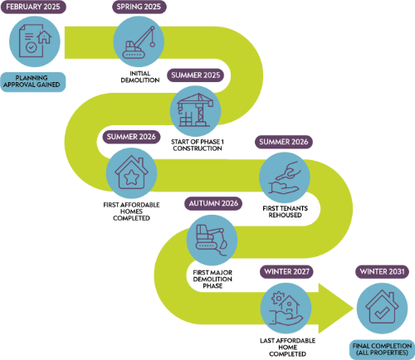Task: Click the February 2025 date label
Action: pos(33,7)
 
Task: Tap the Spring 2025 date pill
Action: pos(139,7)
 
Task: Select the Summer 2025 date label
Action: pos(195,75)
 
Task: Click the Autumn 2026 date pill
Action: pos(213,203)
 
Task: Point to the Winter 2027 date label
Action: pos(286,272)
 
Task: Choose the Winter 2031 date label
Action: pos(382,272)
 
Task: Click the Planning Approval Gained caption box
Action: pos(33,81)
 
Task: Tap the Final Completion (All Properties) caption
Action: pos(382,349)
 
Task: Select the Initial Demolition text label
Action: pos(140,77)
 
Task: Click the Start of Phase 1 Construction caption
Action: pos(198,145)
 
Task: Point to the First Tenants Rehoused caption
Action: pos(286,212)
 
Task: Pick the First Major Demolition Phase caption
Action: pos(212,280)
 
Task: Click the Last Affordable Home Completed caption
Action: pos(287,348)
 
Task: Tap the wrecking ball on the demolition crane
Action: pos(153,44)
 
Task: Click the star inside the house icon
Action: pos(131,177)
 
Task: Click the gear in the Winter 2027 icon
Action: pos(277,298)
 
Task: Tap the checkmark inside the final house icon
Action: pos(382,313)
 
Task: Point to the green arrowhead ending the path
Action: pos(336,309)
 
